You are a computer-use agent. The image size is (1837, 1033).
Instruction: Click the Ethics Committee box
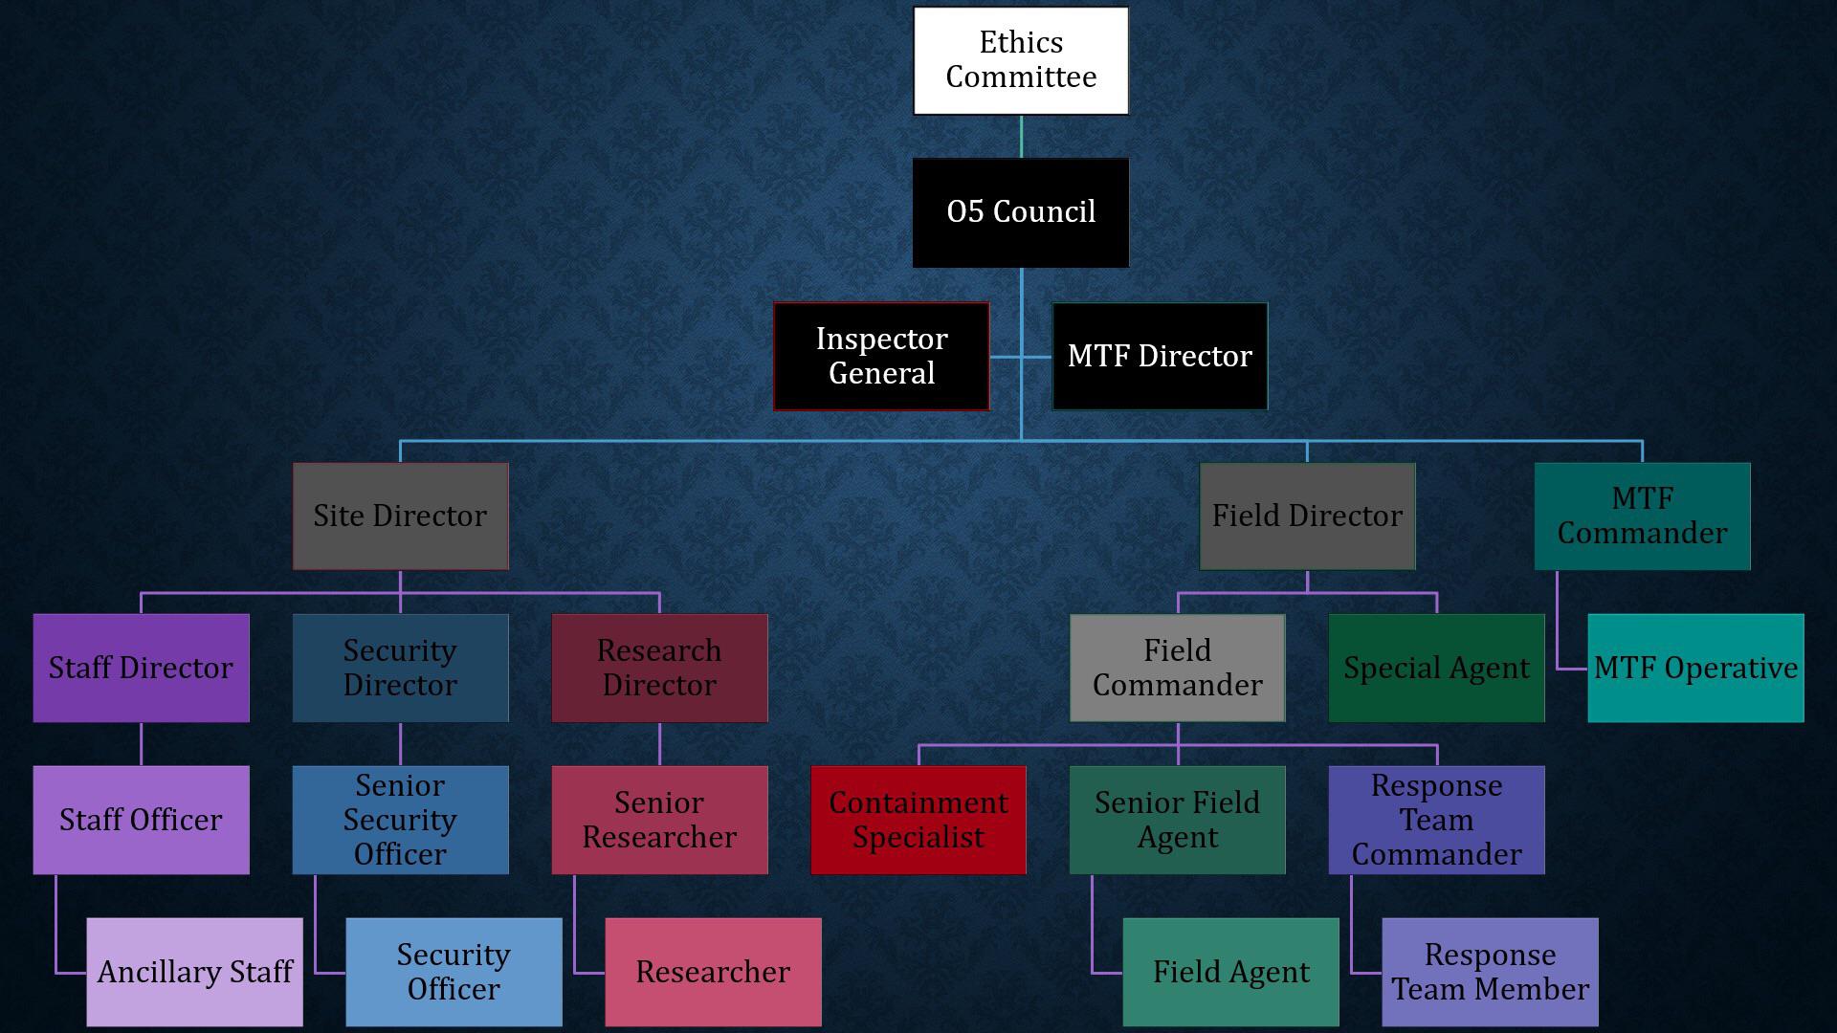(1021, 60)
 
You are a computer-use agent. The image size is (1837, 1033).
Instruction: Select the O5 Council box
(1021, 212)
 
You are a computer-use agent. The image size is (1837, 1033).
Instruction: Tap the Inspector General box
(881, 356)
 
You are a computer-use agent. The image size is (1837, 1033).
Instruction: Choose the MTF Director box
(1160, 356)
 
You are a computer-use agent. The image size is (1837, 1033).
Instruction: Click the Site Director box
(400, 516)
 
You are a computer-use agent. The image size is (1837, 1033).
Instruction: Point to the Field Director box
(1307, 516)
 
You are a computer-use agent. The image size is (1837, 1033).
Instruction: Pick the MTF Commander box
(1642, 516)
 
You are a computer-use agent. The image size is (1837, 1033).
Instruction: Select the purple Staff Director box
(141, 668)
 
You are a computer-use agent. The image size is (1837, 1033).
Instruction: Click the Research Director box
(659, 668)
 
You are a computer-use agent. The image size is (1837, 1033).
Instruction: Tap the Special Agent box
(1436, 668)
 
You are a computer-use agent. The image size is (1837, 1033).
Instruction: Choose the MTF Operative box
(1695, 668)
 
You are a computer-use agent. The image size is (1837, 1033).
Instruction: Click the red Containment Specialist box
(918, 820)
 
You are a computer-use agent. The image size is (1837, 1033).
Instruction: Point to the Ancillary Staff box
(194, 972)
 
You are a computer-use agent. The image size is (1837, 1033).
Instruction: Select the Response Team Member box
(1490, 972)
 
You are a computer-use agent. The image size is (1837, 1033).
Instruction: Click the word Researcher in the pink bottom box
(713, 972)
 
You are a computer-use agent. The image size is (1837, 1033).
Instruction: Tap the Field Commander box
(1177, 668)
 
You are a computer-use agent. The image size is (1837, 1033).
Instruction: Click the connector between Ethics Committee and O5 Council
(1021, 137)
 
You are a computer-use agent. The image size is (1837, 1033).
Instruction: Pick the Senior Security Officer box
(400, 820)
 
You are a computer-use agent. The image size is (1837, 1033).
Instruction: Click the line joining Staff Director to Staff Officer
(141, 744)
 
